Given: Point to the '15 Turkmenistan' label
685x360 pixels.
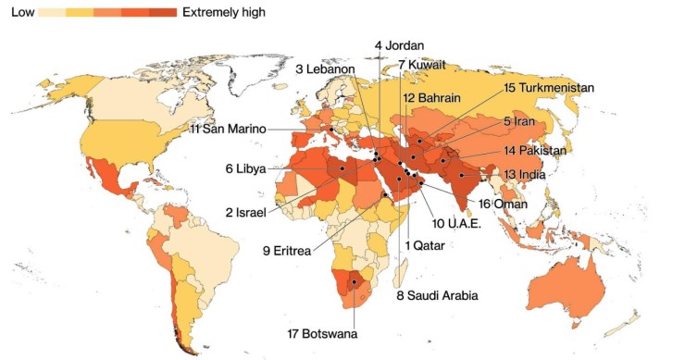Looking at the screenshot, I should point(548,87).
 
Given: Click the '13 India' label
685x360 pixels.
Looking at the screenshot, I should point(523,173).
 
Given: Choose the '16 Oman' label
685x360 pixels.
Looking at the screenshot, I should point(504,204).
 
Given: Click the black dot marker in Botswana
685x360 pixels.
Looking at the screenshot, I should point(354,282).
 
